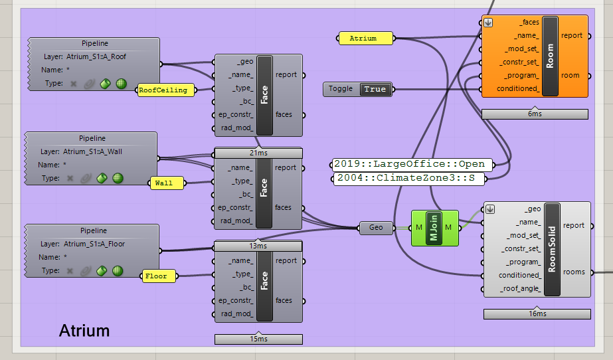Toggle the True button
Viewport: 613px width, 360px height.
click(x=375, y=89)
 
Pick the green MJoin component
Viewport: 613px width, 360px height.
click(x=435, y=228)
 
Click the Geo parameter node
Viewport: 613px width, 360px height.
click(x=376, y=228)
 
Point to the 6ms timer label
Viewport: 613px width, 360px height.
click(x=535, y=114)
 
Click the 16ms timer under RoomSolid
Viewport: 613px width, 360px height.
click(x=537, y=314)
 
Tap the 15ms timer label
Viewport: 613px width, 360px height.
click(x=258, y=339)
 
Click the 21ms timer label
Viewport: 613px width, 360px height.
click(x=258, y=153)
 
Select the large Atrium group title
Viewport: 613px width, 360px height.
click(x=84, y=331)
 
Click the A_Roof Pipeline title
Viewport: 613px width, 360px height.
click(x=95, y=43)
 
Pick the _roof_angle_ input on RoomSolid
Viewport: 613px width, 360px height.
click(x=520, y=289)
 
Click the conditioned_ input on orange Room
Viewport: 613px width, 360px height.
click(x=518, y=89)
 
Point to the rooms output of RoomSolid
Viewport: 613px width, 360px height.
click(x=574, y=272)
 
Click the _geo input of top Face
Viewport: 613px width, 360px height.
click(x=245, y=62)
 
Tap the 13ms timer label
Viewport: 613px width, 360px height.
click(x=258, y=246)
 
